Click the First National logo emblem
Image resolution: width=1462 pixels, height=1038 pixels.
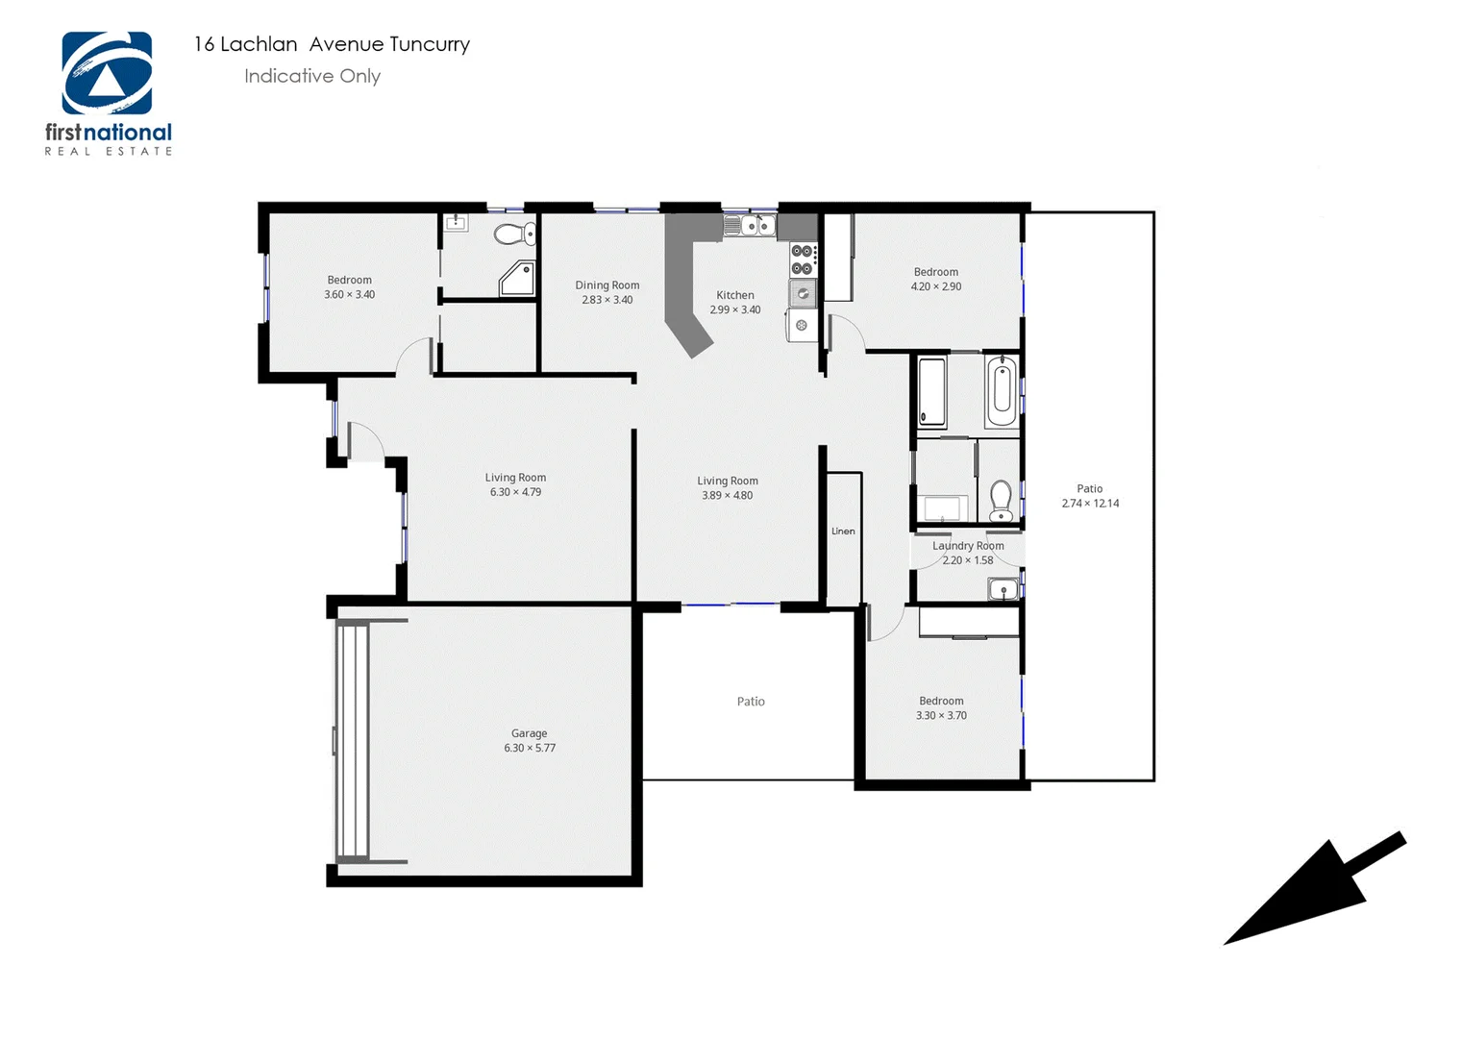click(107, 74)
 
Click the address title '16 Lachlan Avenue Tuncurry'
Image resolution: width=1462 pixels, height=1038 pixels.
click(332, 44)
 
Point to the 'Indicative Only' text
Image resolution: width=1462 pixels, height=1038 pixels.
click(312, 76)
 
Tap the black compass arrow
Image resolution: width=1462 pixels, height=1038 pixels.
click(1313, 889)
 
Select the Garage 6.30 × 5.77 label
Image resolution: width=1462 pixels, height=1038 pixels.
click(530, 740)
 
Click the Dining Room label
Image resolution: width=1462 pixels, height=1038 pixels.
click(607, 292)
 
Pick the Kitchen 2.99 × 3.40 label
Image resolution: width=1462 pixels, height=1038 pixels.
click(735, 303)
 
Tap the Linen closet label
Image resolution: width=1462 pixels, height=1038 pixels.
click(843, 531)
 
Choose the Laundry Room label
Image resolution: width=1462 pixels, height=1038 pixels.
click(968, 553)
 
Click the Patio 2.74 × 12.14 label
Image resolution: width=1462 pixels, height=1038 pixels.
click(1090, 496)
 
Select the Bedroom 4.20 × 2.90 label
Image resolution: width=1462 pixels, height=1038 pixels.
click(936, 279)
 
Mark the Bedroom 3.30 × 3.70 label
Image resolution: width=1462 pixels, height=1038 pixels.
click(941, 708)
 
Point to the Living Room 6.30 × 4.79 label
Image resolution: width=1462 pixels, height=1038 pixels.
click(515, 484)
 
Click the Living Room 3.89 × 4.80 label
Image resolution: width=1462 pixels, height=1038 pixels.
click(728, 488)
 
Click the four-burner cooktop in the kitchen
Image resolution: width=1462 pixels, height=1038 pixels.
click(802, 259)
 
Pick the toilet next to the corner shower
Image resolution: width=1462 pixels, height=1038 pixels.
click(516, 234)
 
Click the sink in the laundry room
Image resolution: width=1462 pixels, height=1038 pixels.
click(1003, 589)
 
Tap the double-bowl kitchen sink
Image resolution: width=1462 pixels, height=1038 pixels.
click(750, 226)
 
